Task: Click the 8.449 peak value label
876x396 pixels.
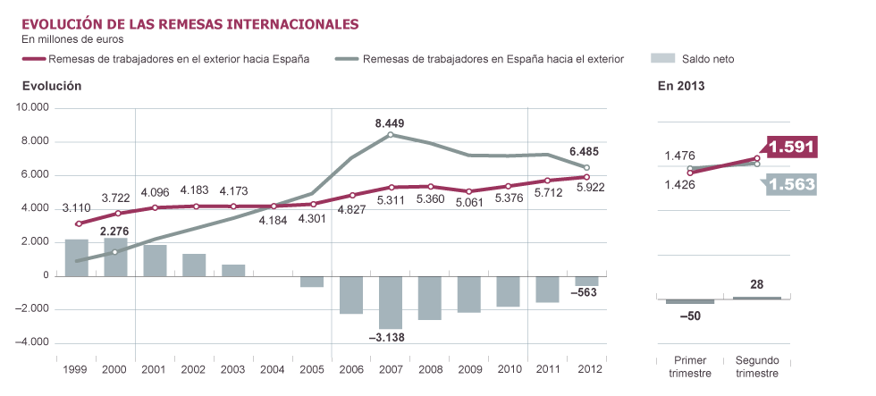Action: coord(392,123)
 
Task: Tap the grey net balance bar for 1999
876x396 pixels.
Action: coord(77,257)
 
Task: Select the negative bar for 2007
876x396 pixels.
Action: coord(391,302)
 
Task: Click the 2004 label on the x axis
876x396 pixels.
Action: coord(272,368)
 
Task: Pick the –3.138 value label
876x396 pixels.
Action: coord(392,338)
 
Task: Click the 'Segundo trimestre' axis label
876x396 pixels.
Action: coord(757,367)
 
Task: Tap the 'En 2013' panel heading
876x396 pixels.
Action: coord(681,87)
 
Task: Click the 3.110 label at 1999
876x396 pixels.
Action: coord(79,207)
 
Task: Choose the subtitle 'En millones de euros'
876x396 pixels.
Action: coord(72,38)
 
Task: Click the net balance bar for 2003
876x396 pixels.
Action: coord(233,270)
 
